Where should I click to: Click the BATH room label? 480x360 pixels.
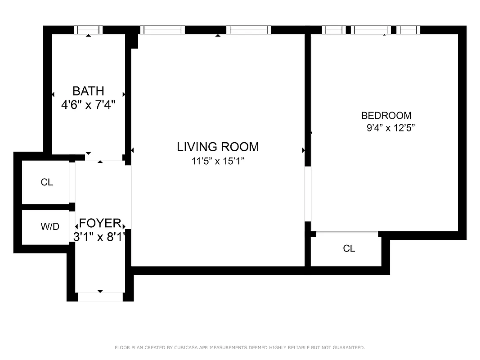pos(88,91)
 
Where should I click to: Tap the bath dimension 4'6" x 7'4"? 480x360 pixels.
pos(88,105)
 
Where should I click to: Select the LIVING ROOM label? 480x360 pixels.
pos(218,147)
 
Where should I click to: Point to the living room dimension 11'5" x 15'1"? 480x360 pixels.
pos(218,161)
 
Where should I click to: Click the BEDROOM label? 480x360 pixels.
pos(386,116)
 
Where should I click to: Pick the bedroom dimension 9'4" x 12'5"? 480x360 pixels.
pos(390,128)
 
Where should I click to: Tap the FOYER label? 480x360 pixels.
pos(100,223)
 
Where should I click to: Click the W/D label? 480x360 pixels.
pos(50,227)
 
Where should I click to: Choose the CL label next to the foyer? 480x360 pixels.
pos(47,182)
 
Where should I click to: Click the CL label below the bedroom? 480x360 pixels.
pos(349,248)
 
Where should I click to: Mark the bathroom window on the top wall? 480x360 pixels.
pos(88,30)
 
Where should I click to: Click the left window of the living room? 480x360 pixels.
pos(162,30)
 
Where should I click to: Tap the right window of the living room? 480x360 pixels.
pos(248,30)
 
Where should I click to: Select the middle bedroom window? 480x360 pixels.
pos(371,30)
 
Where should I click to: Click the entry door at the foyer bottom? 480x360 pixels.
pos(100,297)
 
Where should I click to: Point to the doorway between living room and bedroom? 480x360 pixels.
pos(308,194)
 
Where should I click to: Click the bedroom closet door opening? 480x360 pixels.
pos(347,233)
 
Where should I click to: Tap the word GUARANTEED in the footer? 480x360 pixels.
pos(350,347)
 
